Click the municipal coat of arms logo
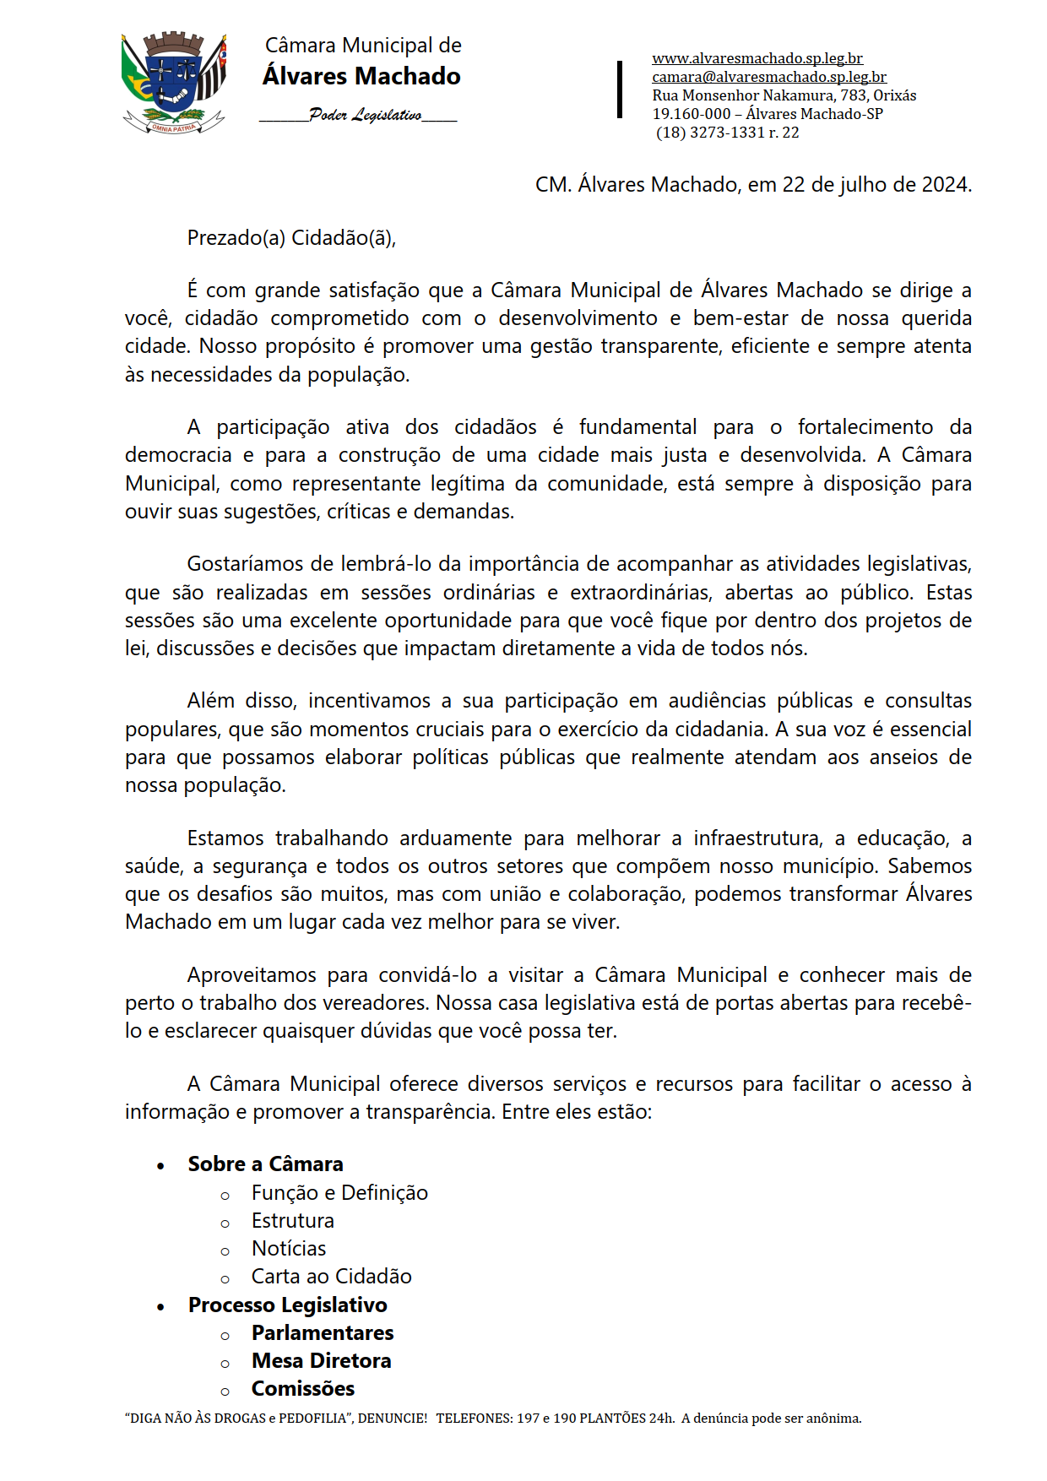(x=174, y=83)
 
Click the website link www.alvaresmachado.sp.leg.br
(x=757, y=58)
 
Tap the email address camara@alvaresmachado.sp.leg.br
(x=768, y=77)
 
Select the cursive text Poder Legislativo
(x=365, y=115)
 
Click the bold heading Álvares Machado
(x=361, y=76)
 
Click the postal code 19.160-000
(x=692, y=114)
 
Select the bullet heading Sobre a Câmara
(x=265, y=1164)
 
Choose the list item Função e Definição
(x=339, y=1193)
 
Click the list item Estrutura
(x=292, y=1221)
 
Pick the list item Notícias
(x=288, y=1249)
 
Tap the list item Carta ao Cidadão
(x=331, y=1277)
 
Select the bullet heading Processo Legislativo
(x=287, y=1305)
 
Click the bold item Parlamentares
(x=323, y=1333)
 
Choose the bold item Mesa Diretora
(x=321, y=1361)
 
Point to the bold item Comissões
(x=302, y=1389)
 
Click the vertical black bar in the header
(x=620, y=89)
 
